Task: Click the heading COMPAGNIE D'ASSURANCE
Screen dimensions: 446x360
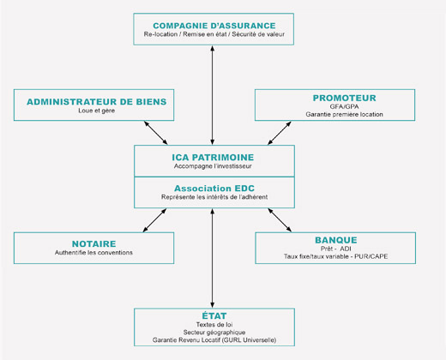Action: coord(214,26)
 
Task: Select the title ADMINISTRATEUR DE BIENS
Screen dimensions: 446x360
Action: coord(97,102)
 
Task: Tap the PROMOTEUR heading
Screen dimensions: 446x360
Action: coord(344,98)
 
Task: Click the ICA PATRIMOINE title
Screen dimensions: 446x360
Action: coord(213,158)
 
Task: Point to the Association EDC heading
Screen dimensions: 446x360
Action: coord(214,189)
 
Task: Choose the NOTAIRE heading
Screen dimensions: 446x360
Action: coord(94,243)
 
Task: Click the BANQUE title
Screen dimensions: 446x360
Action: coord(336,240)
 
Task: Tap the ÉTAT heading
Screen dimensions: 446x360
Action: coord(214,315)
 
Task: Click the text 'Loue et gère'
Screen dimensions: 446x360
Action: coord(97,111)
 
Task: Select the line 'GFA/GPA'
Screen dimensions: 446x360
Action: coord(344,106)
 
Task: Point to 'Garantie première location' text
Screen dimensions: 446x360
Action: coord(344,114)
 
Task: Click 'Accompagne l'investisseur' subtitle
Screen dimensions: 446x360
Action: coord(213,166)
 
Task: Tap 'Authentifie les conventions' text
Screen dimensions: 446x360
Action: coord(93,253)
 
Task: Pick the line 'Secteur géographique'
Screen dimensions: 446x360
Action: coord(214,333)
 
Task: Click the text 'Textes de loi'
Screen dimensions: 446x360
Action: coord(214,325)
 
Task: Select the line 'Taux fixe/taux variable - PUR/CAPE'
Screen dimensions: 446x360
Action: coord(335,256)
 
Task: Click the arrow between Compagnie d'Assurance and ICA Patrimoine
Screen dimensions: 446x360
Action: coord(212,95)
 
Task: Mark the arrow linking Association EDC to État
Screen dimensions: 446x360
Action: coord(212,258)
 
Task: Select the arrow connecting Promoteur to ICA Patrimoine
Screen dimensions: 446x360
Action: coord(280,133)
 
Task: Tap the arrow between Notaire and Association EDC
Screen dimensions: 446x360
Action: coord(154,220)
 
